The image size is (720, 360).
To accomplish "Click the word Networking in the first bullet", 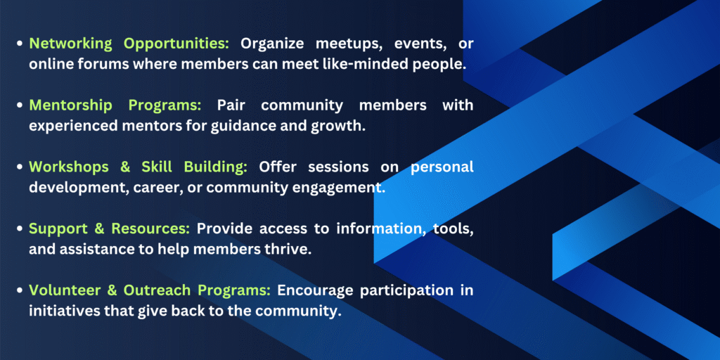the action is (x=70, y=44).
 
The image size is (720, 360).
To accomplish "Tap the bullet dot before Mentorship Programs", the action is (x=20, y=105).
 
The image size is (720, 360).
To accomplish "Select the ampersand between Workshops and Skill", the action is (x=126, y=167).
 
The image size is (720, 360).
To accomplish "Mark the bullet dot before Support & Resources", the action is (x=20, y=229).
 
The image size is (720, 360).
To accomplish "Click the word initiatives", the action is (x=59, y=311).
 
